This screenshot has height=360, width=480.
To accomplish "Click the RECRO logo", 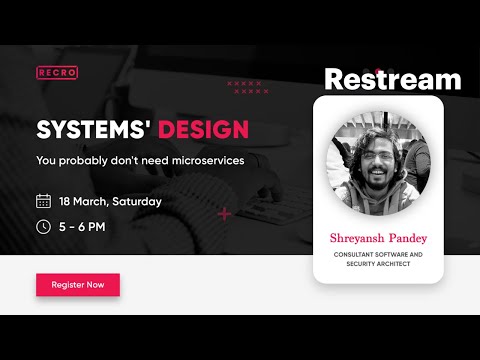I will pos(57,72).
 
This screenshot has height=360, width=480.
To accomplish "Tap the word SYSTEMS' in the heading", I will pos(83,130).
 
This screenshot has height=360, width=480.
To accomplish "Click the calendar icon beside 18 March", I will pos(43,201).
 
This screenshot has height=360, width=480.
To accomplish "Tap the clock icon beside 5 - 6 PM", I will pos(43,226).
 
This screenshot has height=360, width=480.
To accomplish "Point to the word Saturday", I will pos(136,201).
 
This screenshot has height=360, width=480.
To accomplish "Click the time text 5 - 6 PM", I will pos(82,226).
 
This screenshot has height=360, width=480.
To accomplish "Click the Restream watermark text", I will pos(393,79).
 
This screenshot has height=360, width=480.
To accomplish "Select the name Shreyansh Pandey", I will pos(377,238).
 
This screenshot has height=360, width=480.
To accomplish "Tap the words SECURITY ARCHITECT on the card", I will pos(377,264).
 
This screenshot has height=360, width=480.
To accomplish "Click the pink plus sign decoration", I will pos(224,213).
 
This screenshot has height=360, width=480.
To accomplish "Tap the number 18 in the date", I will pos(65,201).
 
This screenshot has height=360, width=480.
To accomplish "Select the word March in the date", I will pos(91,201).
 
